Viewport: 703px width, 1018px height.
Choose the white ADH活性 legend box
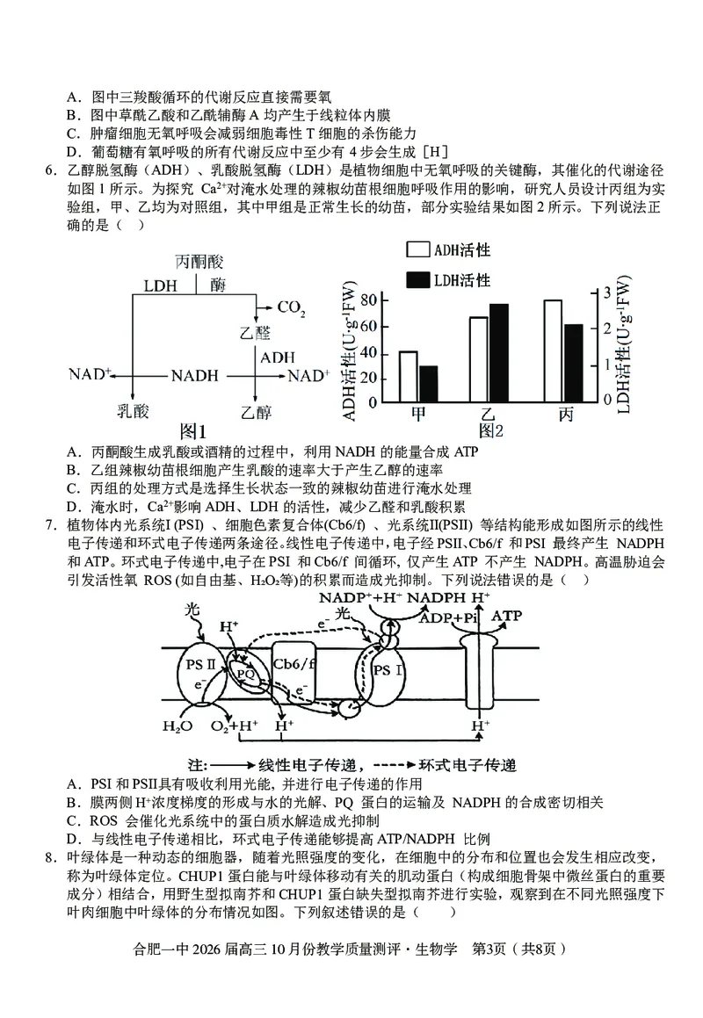(417, 250)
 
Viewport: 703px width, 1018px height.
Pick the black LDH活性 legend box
(417, 280)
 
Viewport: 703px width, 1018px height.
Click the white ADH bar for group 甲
(408, 376)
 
